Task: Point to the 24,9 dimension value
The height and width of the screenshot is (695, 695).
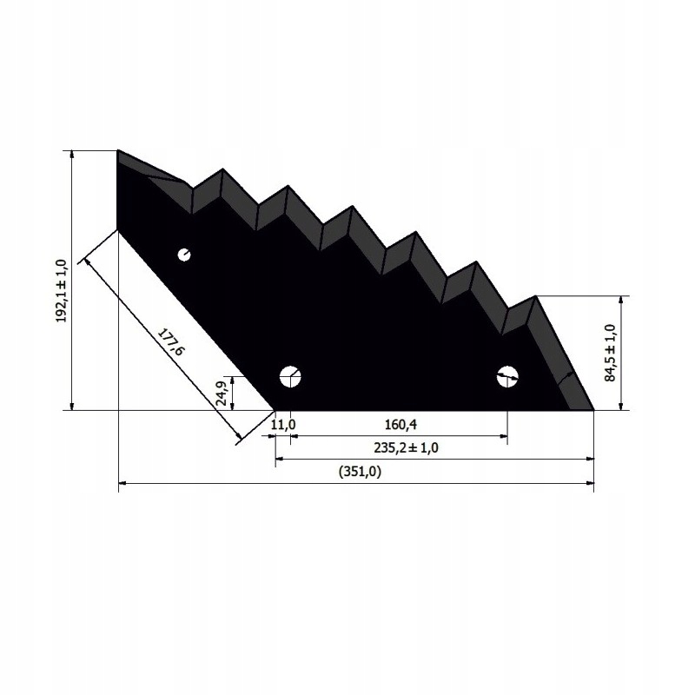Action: (x=222, y=393)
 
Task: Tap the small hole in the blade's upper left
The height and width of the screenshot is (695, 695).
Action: (x=184, y=255)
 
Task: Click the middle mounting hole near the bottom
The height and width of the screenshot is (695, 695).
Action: (x=289, y=376)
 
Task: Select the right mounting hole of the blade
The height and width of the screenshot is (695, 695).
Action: (x=506, y=376)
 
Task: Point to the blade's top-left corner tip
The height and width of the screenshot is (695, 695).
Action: (x=117, y=150)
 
